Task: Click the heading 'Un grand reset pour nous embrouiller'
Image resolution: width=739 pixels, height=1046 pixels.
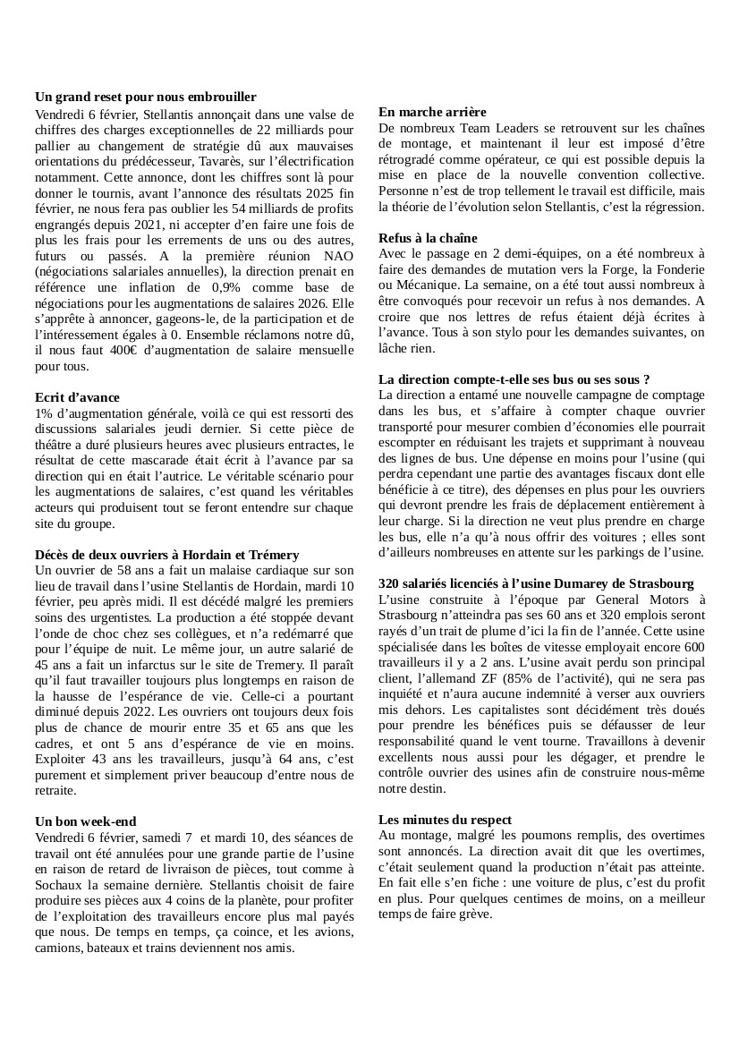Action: pyautogui.click(x=146, y=97)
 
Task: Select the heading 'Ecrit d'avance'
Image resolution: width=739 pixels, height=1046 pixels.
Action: pyautogui.click(x=77, y=396)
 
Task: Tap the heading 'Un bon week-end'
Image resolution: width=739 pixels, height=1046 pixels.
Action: pyautogui.click(x=86, y=821)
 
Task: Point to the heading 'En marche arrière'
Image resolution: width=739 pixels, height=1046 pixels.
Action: pyautogui.click(x=432, y=112)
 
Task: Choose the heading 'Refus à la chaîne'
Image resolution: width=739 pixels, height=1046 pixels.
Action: pyautogui.click(x=428, y=238)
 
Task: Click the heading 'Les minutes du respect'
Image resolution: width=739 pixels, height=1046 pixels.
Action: pyautogui.click(x=445, y=819)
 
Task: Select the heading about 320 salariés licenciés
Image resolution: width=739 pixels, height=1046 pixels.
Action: pyautogui.click(x=536, y=583)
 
